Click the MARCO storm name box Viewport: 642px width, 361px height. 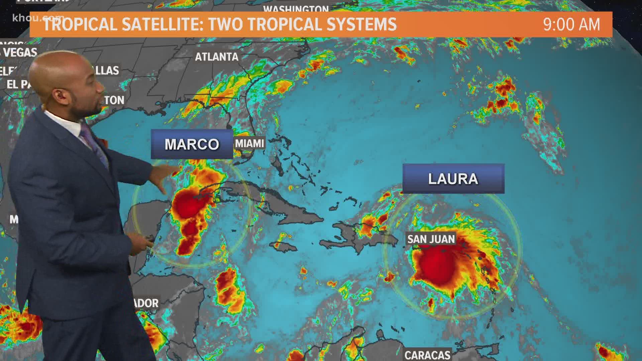coord(192,144)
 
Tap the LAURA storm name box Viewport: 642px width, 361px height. coord(453,178)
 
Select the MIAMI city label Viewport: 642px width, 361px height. coord(249,143)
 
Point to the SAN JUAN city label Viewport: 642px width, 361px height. coord(431,239)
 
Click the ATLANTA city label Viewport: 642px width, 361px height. coord(217,57)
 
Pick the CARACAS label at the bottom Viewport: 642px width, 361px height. coord(427,355)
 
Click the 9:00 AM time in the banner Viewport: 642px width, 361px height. coord(571,24)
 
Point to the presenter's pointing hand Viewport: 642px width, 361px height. coord(164,182)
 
